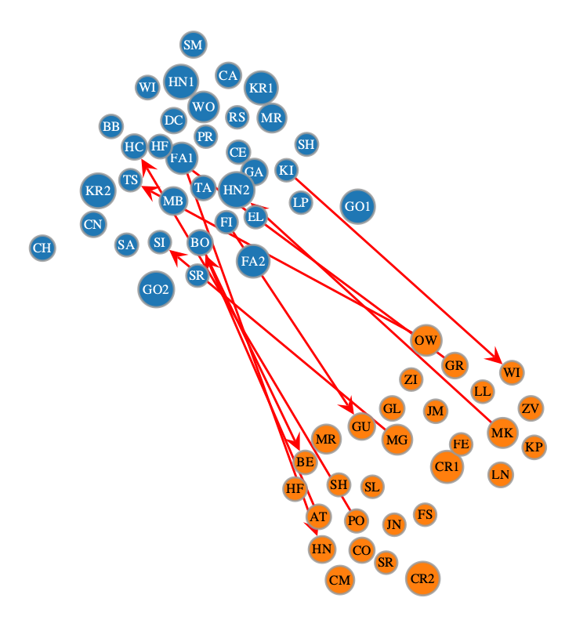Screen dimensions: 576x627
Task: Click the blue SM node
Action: pos(194,45)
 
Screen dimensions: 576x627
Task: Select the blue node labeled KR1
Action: pos(261,88)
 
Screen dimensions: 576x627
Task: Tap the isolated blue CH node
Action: pos(42,248)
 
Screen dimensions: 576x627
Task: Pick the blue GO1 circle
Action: pos(358,206)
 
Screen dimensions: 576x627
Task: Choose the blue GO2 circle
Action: pos(156,289)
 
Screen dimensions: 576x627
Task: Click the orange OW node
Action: pos(426,340)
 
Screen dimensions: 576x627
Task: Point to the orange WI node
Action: pos(512,372)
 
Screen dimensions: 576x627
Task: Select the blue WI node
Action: pos(147,87)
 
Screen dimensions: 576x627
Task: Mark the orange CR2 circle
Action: pos(422,578)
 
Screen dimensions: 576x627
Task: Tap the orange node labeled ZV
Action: pos(531,408)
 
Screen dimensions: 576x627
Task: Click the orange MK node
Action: pos(502,433)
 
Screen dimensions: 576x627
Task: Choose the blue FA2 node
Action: pos(253,261)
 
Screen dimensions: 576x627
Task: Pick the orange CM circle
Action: pos(340,580)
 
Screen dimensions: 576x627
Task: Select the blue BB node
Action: pos(111,126)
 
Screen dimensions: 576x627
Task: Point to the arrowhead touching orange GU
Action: pos(347,406)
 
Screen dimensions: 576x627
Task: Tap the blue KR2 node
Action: pos(98,190)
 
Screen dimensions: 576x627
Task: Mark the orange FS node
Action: pos(425,515)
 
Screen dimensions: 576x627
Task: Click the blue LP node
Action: pos(301,202)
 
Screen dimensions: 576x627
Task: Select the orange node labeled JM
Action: pos(435,411)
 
